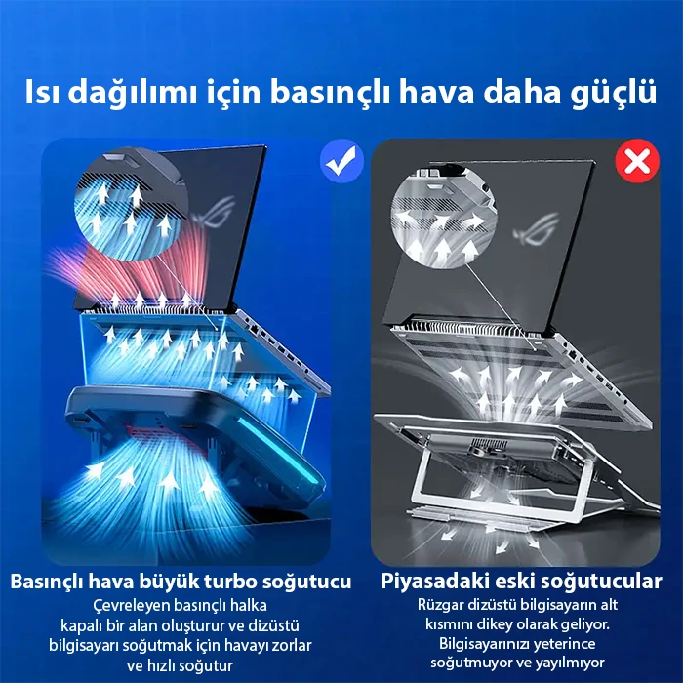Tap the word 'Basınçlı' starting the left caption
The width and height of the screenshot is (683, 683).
pos(49,583)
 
